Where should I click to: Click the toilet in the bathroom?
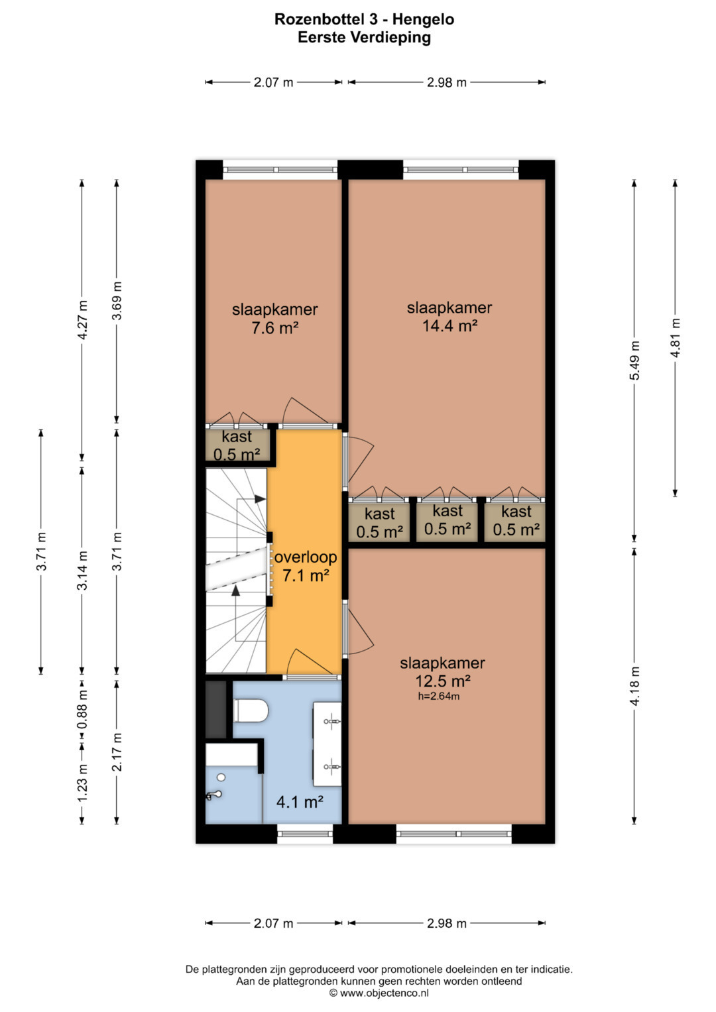coord(250,710)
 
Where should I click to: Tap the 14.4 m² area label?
coord(449,325)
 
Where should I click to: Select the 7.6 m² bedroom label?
coord(275,327)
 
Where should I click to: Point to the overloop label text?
coord(306,557)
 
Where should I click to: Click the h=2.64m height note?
coord(438,696)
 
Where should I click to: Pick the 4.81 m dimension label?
coord(675,338)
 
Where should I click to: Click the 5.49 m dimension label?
coord(634,361)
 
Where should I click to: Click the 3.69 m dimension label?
coord(117,300)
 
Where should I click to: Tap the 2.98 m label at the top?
coord(447,82)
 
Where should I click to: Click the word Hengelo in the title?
coord(423,19)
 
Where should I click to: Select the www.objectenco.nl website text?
coord(384,993)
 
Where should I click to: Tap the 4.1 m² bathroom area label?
coord(300,802)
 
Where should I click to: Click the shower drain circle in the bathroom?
coord(221,777)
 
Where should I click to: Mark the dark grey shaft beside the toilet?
coord(216,709)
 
